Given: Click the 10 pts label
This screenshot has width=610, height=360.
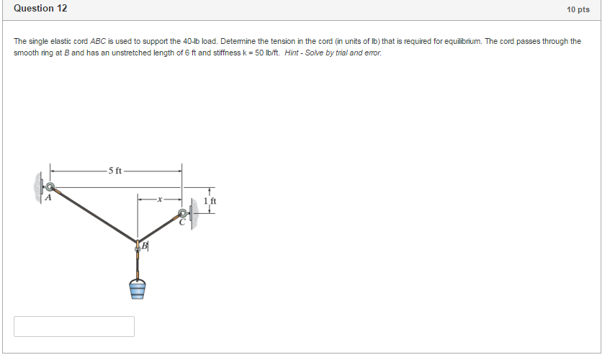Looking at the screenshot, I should [578, 9].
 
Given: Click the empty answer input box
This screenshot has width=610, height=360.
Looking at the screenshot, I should [74, 326].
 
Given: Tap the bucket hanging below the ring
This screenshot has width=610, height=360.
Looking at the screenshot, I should [138, 288].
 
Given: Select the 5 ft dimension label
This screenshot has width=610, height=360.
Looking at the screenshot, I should [115, 171].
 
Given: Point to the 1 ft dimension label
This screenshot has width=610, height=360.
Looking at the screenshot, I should [210, 201].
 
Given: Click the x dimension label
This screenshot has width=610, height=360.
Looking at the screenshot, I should [160, 197].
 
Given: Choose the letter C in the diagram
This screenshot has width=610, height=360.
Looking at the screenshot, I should [182, 223].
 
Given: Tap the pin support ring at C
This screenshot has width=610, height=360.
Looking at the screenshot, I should [182, 213].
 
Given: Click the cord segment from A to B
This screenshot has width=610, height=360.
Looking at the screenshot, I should [94, 216].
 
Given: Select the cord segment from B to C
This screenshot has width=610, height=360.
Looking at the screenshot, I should [158, 229].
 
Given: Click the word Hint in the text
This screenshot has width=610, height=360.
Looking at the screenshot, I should [294, 53].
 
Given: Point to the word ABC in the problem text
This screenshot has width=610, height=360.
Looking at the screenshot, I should [98, 42].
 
